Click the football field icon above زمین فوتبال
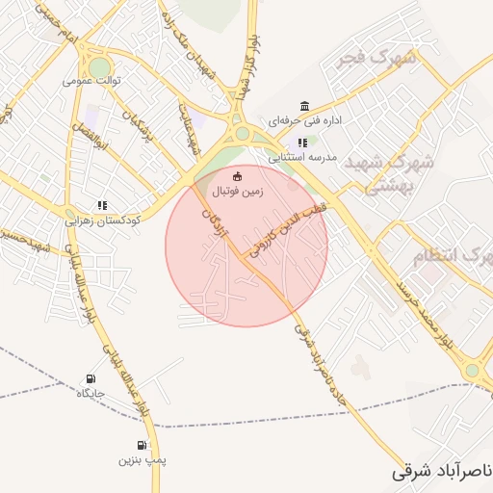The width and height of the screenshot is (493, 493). (x=239, y=175)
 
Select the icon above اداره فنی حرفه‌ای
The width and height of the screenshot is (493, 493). (x=304, y=106)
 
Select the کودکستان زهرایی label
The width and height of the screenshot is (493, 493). (x=102, y=220)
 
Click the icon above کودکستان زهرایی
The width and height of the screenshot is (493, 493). (x=102, y=205)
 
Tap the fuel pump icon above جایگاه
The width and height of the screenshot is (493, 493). (x=91, y=378)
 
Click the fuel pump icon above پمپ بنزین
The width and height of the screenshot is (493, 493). (x=143, y=445)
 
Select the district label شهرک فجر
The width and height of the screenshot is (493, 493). (x=376, y=60)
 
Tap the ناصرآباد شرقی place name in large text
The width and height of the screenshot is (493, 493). (x=443, y=472)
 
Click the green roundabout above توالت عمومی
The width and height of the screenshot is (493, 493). (x=99, y=65)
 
